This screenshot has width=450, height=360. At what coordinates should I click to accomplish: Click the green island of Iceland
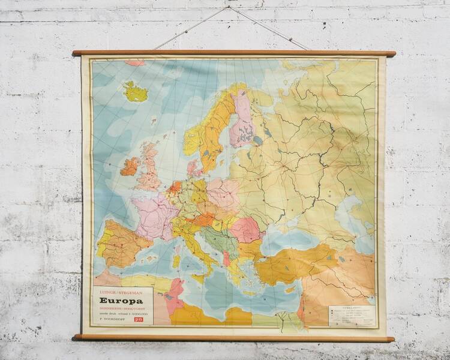[136, 92]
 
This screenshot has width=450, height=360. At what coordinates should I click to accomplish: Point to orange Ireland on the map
[129, 166]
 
